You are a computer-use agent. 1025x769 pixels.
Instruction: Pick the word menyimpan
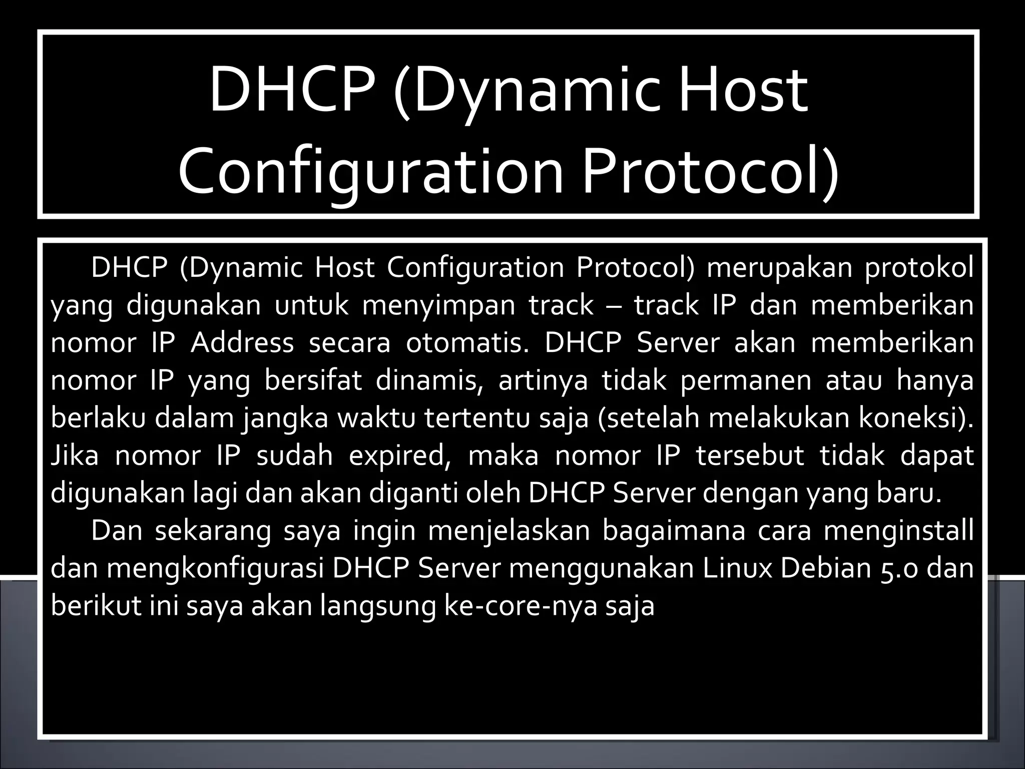click(x=438, y=305)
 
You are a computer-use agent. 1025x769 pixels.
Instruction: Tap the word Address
click(x=242, y=343)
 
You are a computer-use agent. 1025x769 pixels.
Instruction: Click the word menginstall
click(x=898, y=531)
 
